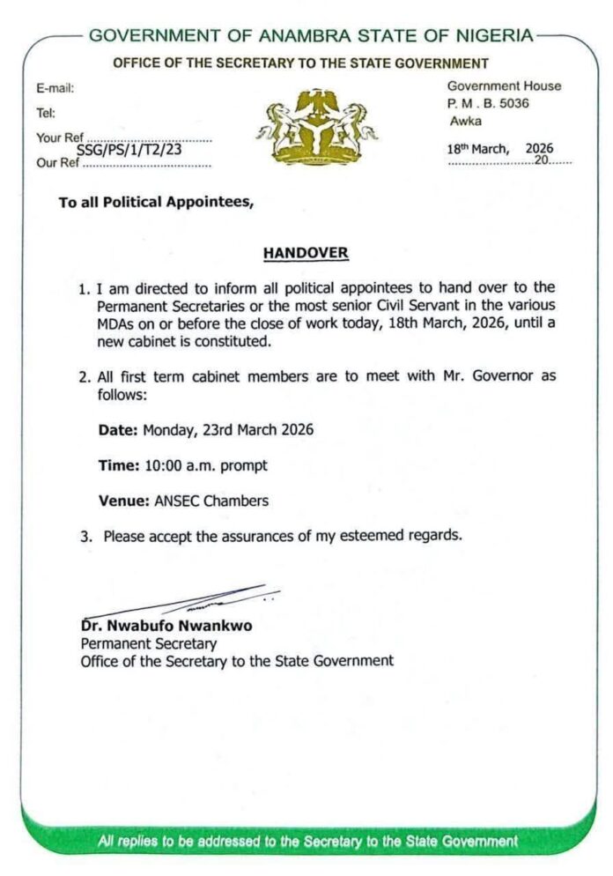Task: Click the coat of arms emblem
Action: (x=316, y=126)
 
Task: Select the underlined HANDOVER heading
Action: (x=306, y=254)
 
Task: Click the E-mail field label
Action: (x=55, y=88)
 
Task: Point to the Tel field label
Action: (x=45, y=113)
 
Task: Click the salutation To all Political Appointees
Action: (x=156, y=202)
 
